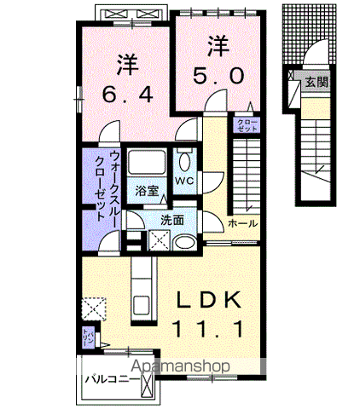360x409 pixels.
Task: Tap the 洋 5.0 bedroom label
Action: coord(218,58)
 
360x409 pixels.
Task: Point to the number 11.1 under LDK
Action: coord(212,327)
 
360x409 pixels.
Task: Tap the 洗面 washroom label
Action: coord(173,220)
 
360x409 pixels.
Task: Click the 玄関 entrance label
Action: coord(316,84)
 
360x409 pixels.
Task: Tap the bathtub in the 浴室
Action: coord(148,163)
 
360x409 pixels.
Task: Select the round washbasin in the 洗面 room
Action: coord(183,241)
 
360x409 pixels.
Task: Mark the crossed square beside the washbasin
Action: coord(158,240)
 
